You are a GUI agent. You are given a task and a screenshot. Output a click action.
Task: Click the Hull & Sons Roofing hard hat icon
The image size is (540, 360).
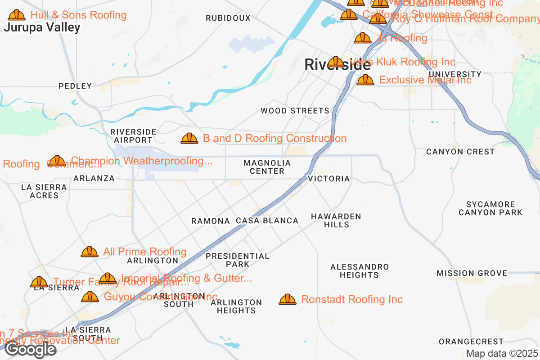[x=17, y=15]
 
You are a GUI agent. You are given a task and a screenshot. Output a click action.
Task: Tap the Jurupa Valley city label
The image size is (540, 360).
[x=42, y=27]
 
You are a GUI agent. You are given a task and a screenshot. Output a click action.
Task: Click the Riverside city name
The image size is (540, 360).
[x=337, y=65]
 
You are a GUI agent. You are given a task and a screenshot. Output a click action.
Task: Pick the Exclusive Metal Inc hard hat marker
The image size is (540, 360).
[x=365, y=80]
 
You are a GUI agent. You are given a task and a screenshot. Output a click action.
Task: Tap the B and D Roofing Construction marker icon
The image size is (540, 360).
[x=189, y=139]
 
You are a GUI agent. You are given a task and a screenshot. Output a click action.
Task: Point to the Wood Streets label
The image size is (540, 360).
[x=295, y=111]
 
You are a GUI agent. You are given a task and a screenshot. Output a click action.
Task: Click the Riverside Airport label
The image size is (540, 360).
[x=133, y=136]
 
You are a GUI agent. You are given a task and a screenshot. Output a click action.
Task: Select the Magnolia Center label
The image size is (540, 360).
[x=267, y=166]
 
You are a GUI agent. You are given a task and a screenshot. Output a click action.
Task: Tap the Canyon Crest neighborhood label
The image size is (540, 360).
[x=460, y=152]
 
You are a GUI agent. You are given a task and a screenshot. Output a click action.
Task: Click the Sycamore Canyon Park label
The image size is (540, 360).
[x=490, y=208]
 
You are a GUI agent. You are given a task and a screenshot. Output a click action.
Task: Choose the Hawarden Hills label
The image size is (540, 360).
[x=336, y=220]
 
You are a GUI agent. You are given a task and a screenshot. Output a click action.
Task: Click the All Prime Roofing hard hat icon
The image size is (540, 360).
[x=90, y=252]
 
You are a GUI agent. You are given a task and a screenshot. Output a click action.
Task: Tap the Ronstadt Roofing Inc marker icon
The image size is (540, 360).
[x=288, y=300]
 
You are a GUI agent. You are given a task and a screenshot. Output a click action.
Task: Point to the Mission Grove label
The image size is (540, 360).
[x=472, y=273]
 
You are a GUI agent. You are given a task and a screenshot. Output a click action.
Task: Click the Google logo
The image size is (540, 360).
[x=31, y=349]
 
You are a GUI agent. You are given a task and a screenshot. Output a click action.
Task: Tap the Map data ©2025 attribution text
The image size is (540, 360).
[x=502, y=354]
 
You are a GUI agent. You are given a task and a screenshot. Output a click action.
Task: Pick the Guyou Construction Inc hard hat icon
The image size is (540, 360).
[x=90, y=297]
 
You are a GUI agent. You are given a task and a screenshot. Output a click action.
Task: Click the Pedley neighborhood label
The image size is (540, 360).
[x=75, y=86]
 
